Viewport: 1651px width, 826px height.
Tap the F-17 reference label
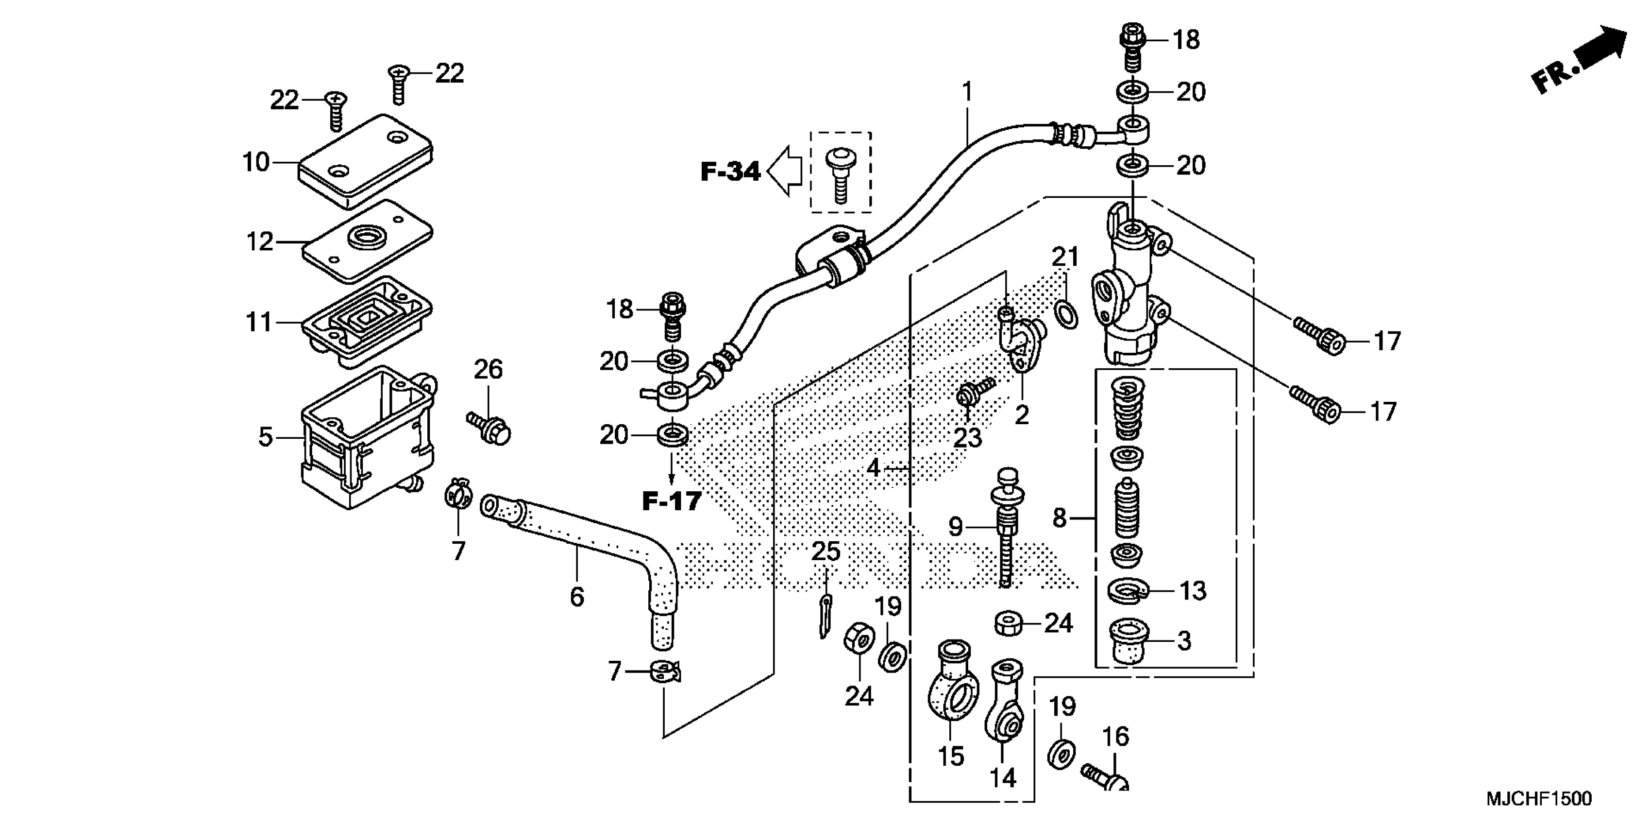pyautogui.click(x=672, y=501)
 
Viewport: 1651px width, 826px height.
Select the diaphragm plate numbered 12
pyautogui.click(x=367, y=241)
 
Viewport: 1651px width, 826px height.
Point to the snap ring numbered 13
pyautogui.click(x=1130, y=590)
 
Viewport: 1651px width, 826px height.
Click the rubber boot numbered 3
pyautogui.click(x=1130, y=641)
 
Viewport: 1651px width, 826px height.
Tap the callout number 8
pyautogui.click(x=1059, y=517)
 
